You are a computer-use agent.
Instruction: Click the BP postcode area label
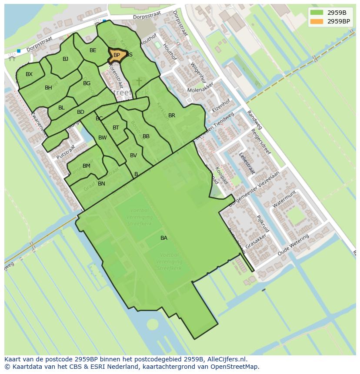pyautogui.click(x=117, y=55)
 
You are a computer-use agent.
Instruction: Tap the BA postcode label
pyautogui.click(x=164, y=238)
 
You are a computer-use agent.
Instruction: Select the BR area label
pyautogui.click(x=172, y=116)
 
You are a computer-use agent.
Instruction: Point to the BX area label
pyautogui.click(x=29, y=74)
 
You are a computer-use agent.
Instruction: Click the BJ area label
pyautogui.click(x=65, y=59)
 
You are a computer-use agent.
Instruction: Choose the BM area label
pyautogui.click(x=87, y=166)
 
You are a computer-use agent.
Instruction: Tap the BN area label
pyautogui.click(x=101, y=184)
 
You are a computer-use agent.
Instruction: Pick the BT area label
pyautogui.click(x=116, y=128)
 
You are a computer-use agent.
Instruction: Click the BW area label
pyautogui.click(x=103, y=138)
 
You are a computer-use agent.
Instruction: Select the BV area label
pyautogui.click(x=133, y=156)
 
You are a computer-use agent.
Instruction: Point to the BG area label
pyautogui.click(x=87, y=83)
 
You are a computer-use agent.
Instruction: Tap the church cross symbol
pyautogui.click(x=139, y=82)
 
